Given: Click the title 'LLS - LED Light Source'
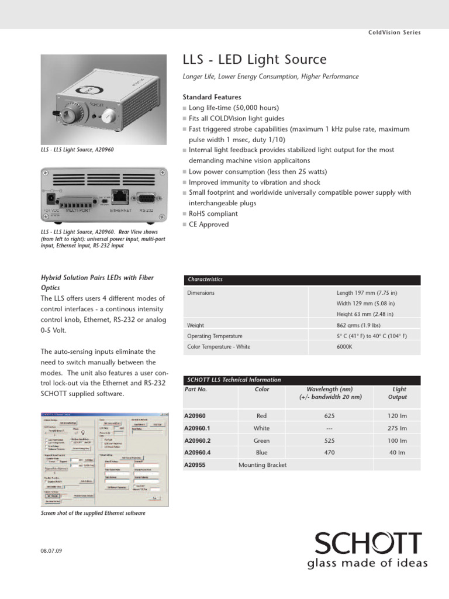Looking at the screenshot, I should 255,60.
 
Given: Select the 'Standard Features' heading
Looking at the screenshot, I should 212,97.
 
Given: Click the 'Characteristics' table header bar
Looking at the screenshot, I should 302,280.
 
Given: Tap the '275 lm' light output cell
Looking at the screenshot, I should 397,428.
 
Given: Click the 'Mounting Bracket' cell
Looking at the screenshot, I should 263,465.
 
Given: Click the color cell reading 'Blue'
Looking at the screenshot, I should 262,453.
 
